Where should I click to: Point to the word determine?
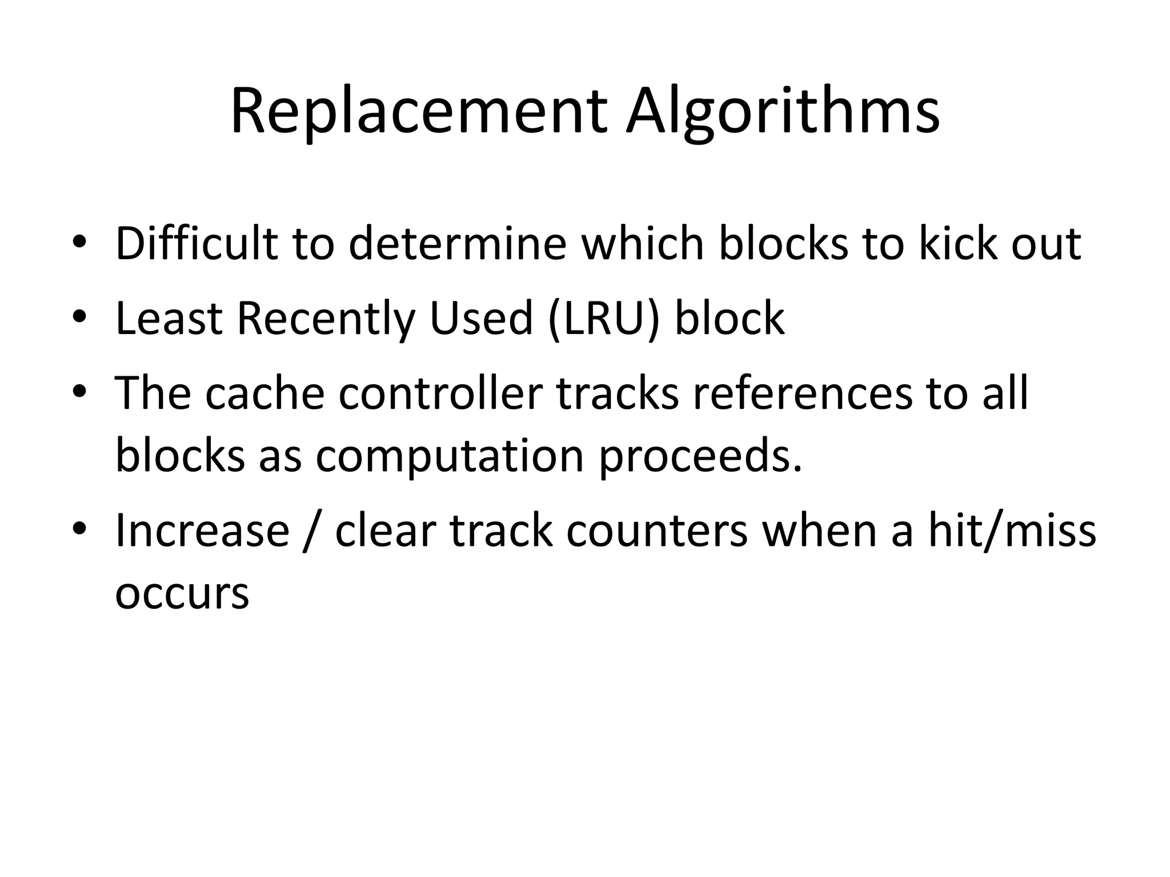pyautogui.click(x=457, y=244)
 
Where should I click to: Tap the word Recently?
pyautogui.click(x=326, y=318)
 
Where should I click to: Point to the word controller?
pyautogui.click(x=440, y=393)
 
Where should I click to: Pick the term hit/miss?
pyautogui.click(x=1012, y=531)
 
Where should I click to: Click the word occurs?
pyautogui.click(x=182, y=593)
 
